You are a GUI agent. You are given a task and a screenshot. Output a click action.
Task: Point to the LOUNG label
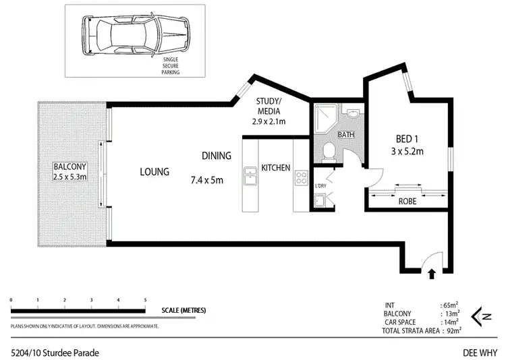click(x=154, y=171)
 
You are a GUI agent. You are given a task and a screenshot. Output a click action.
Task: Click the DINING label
click(x=217, y=156)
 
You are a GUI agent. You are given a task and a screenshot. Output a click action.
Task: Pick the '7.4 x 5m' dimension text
click(x=206, y=180)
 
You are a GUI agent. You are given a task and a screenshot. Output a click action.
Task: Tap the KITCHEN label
click(x=276, y=168)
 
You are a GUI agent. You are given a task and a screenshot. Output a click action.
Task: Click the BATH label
click(x=346, y=135)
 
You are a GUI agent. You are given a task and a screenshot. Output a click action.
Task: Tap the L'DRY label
click(x=321, y=185)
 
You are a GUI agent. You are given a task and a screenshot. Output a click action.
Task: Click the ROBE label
click(x=407, y=200)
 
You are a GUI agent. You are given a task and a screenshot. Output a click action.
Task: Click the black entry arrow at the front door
click(x=432, y=273)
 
